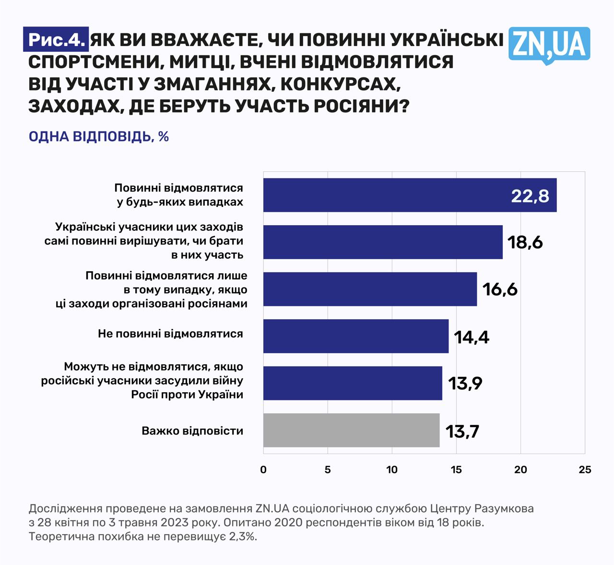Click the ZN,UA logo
click(549, 45)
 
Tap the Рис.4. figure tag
click(56, 39)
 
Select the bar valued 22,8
click(410, 195)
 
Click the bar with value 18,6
click(383, 242)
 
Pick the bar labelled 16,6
click(370, 289)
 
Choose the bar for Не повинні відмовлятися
click(355, 336)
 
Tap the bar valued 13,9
click(353, 383)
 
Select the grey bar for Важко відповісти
click(351, 430)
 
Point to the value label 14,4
click(472, 337)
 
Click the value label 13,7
click(462, 432)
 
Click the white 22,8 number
click(530, 196)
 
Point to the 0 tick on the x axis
click(263, 470)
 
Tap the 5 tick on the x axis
click(328, 470)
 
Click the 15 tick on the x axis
click(456, 470)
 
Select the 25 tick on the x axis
click(585, 470)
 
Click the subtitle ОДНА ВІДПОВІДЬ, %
click(99, 137)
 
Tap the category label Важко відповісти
click(192, 431)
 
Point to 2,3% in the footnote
click(243, 536)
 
